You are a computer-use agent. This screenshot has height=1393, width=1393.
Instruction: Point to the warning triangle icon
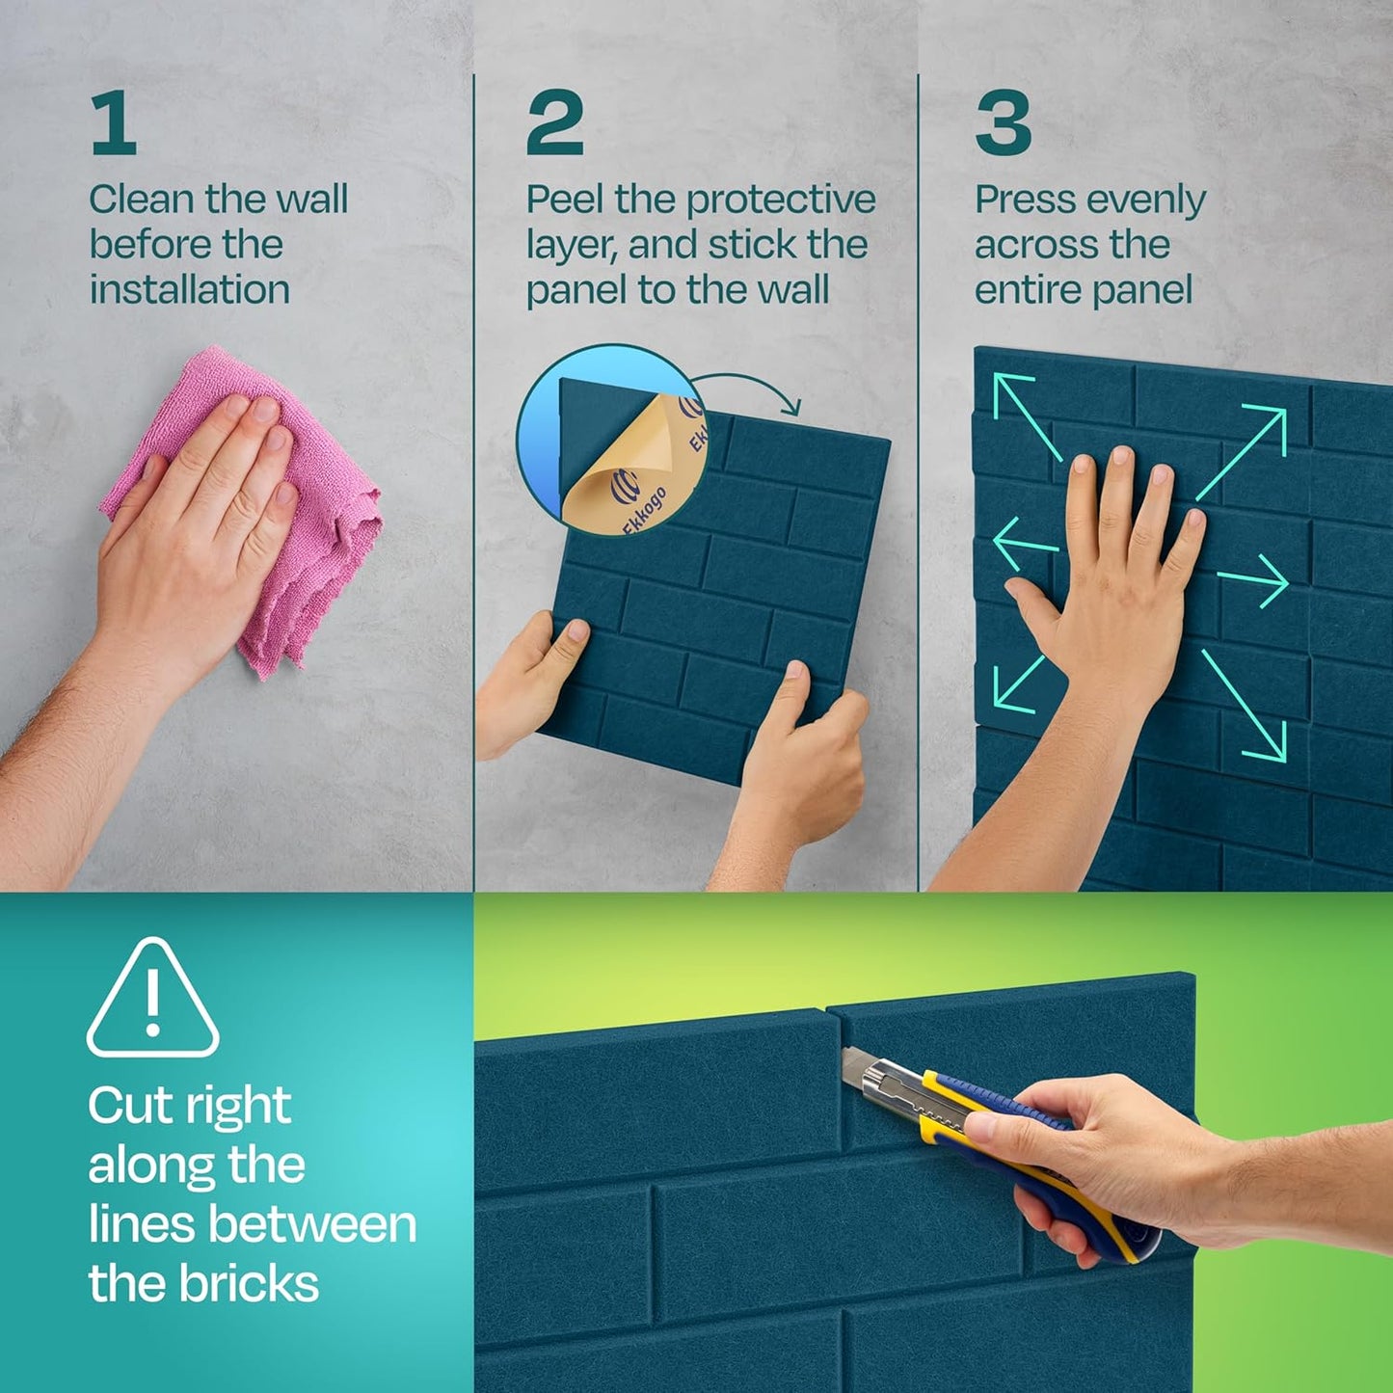[152, 999]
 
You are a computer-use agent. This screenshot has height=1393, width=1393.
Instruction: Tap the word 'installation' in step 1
[189, 289]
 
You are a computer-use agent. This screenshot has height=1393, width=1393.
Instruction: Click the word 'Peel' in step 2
[565, 201]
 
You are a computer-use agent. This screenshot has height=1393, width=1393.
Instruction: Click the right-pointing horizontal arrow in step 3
[1253, 581]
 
